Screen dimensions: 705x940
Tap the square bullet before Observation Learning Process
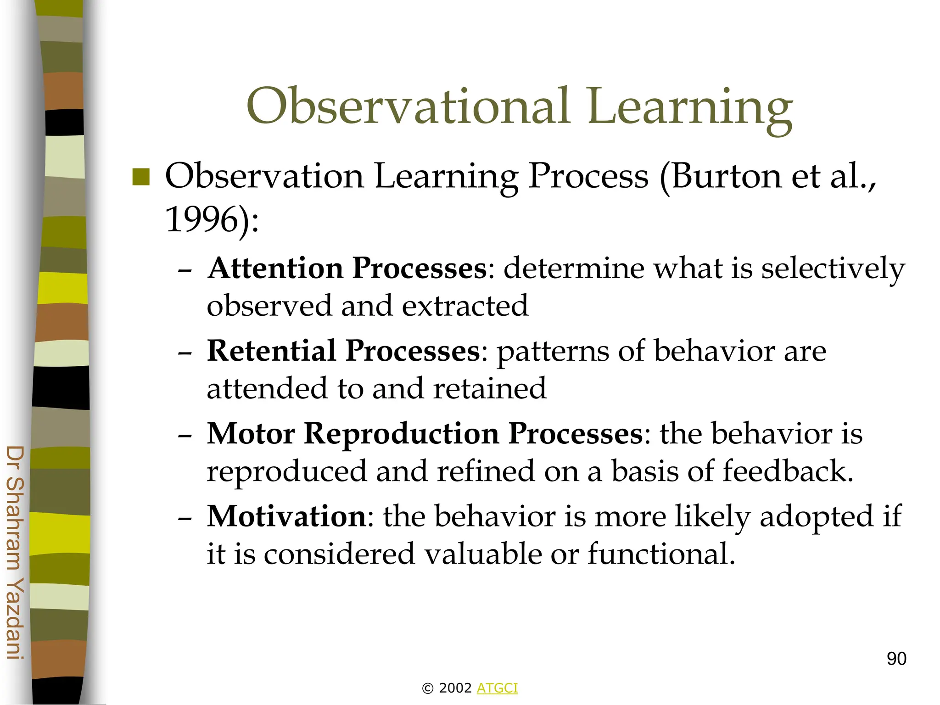tap(141, 177)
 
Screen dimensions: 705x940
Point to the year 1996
tap(200, 219)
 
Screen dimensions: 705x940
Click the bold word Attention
tap(275, 268)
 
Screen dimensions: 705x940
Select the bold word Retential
tap(271, 351)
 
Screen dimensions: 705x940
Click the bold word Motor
tap(251, 434)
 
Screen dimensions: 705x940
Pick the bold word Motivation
tap(287, 517)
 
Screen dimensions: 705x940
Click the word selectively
tap(833, 269)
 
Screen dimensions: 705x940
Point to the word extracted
tap(465, 306)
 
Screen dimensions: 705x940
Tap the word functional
tap(661, 554)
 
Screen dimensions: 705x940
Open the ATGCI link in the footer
tap(497, 688)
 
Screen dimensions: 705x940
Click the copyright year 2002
tap(455, 688)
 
